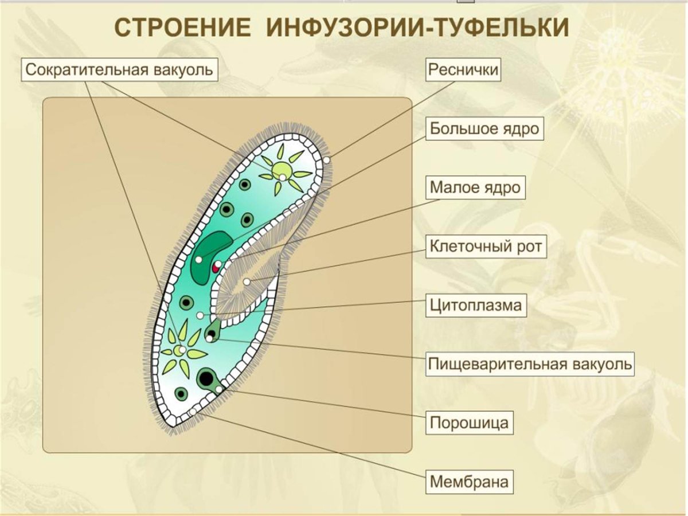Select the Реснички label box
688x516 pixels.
tap(463, 70)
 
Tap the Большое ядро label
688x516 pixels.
tap(484, 128)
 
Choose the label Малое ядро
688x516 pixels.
tap(476, 187)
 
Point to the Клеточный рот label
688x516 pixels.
tap(486, 247)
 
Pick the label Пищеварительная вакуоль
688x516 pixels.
tap(530, 363)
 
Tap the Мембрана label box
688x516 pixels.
tap(469, 482)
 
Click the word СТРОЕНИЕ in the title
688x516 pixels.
tap(179, 28)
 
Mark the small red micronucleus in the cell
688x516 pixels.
tap(216, 267)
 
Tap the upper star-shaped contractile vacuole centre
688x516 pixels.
tap(282, 170)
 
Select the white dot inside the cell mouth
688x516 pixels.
tap(247, 282)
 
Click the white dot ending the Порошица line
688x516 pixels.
tap(219, 390)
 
